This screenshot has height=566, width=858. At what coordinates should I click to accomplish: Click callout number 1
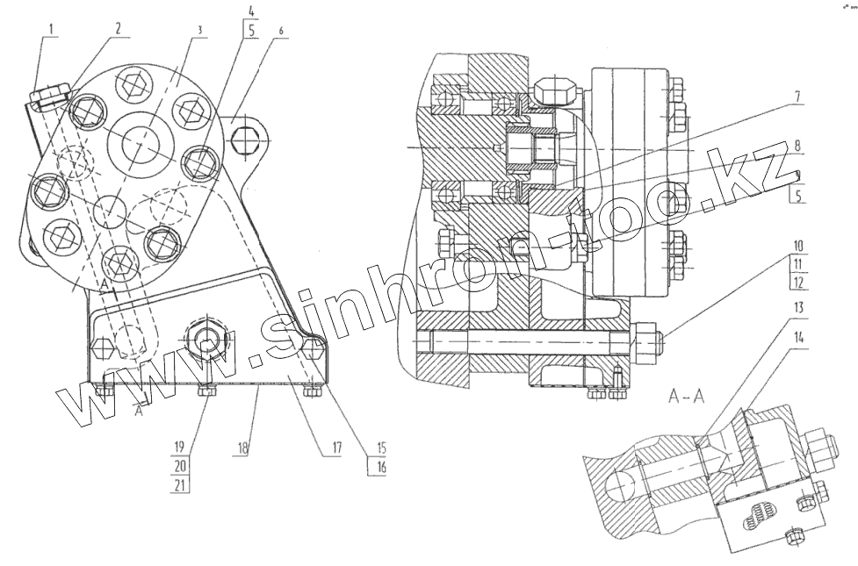coord(52,28)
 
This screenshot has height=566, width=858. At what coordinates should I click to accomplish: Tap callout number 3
coord(200,30)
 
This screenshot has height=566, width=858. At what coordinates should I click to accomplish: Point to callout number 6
coord(280,30)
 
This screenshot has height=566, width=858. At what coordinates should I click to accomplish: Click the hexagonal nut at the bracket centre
coord(208,338)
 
